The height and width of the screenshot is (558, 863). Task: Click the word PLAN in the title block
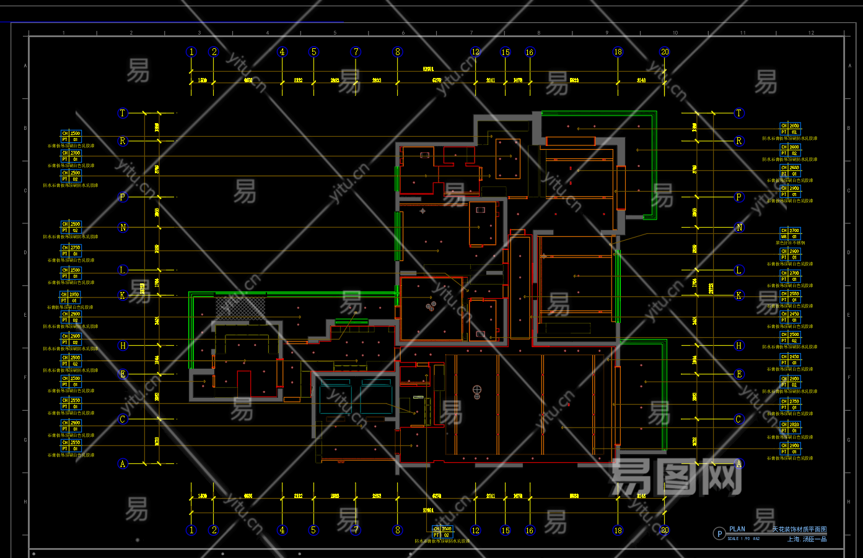(x=737, y=529)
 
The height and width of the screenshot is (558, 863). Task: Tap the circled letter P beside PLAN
(x=719, y=534)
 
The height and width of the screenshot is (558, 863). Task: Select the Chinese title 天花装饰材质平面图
(x=799, y=530)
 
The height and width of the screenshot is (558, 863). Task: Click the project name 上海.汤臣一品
(x=807, y=539)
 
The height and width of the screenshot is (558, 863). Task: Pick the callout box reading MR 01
(x=790, y=236)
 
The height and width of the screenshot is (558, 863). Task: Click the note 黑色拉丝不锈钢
(x=791, y=243)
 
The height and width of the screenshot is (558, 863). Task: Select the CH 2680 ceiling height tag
(x=790, y=168)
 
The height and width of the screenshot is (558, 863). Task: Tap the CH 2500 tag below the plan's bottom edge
(x=442, y=529)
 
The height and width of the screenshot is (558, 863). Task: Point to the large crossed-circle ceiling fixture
(x=477, y=390)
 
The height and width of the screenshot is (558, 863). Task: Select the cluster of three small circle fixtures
(x=431, y=305)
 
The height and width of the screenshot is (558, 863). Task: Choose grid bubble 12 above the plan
(x=475, y=52)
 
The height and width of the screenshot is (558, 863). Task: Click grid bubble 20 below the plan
(x=665, y=530)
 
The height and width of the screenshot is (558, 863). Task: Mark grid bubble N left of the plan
(x=123, y=228)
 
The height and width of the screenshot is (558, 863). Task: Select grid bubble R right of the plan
(x=738, y=141)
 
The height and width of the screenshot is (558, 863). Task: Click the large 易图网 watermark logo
(x=675, y=477)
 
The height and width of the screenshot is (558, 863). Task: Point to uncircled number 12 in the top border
(x=811, y=33)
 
